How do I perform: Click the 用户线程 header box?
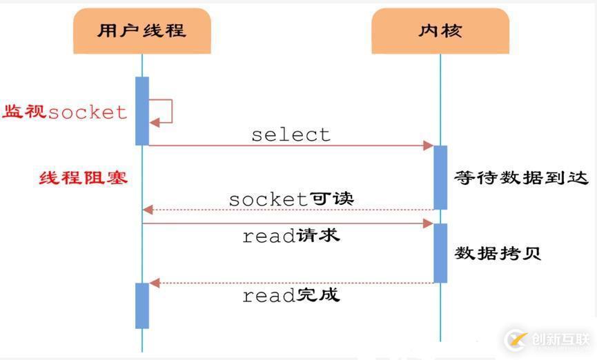[141, 31]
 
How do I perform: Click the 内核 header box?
[440, 31]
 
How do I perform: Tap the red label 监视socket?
[66, 112]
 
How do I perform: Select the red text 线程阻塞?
[84, 178]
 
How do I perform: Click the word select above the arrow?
[291, 134]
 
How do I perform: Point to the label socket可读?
[291, 199]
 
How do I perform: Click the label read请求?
[291, 236]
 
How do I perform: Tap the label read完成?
[291, 296]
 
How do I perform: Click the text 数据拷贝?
[497, 253]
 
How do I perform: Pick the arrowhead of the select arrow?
[429, 146]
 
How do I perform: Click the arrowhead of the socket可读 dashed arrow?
[147, 210]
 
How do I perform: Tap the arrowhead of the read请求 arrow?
[429, 223]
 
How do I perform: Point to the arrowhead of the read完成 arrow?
[155, 283]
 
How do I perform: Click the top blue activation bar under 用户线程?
[142, 110]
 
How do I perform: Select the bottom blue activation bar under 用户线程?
[142, 306]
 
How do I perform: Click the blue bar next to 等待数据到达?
[440, 177]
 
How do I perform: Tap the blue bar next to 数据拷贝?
[440, 252]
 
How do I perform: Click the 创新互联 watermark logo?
[548, 339]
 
